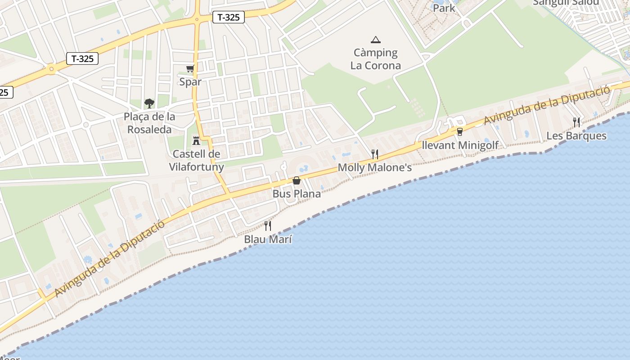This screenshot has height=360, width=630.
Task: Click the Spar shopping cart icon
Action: tap(190, 69)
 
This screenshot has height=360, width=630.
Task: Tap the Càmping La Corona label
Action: tap(375, 59)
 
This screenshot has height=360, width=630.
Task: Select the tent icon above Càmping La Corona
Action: tap(375, 40)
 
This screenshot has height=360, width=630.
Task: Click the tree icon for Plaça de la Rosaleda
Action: tap(149, 103)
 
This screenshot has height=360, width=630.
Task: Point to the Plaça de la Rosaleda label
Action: tap(149, 123)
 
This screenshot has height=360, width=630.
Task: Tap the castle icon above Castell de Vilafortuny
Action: tap(196, 141)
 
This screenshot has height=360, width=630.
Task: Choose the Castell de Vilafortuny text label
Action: tap(196, 160)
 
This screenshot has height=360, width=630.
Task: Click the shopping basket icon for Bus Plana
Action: tap(297, 180)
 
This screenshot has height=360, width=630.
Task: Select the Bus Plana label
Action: tap(297, 194)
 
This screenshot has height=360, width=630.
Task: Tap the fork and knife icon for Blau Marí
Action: tap(268, 226)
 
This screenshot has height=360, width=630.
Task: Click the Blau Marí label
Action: tap(268, 239)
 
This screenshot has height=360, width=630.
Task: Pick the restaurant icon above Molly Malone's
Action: tap(374, 154)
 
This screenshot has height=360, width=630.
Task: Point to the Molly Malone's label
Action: tap(374, 168)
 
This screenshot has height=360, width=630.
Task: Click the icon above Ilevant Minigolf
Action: tap(459, 132)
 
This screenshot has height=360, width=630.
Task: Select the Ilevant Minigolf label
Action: tap(460, 145)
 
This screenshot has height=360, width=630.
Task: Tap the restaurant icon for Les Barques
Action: tap(576, 122)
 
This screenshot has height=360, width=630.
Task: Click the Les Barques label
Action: tap(576, 135)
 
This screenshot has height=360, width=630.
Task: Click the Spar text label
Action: tap(190, 82)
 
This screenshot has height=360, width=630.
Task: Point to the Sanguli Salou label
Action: tap(566, 3)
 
